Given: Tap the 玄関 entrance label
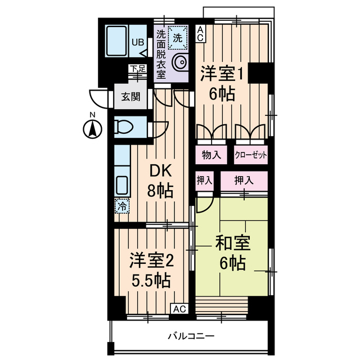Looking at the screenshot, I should point(130,96).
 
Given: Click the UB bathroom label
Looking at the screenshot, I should point(137,42).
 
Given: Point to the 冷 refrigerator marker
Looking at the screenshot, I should point(121,206).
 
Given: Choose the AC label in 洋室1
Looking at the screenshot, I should point(200,35).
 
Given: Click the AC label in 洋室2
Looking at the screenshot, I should point(179,309).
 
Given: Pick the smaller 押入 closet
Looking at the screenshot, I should point(205,181).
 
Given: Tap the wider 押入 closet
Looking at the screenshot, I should point(244,181).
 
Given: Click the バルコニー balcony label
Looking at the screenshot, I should point(191,336).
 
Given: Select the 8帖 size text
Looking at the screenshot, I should point(160,191).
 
